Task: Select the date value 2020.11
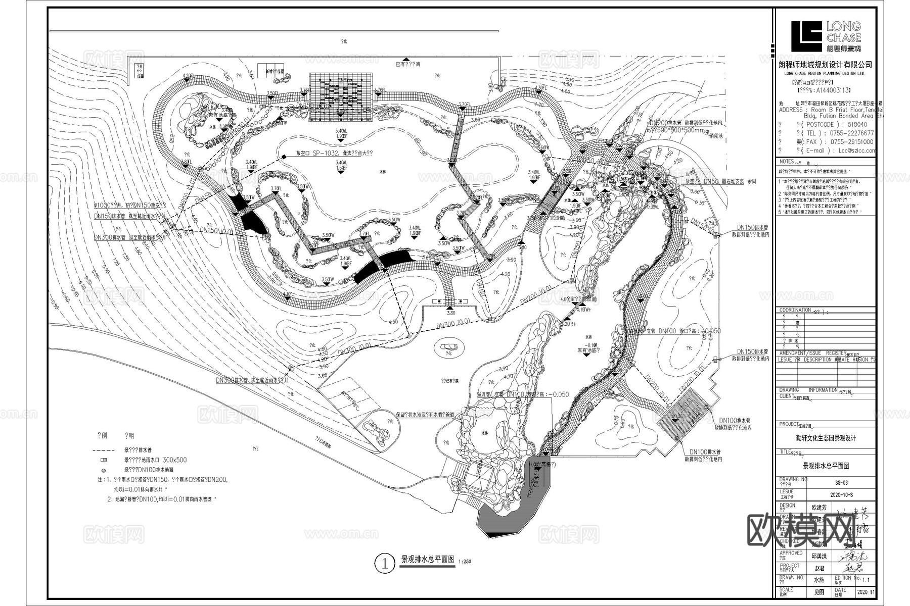864,591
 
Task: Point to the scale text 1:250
466,562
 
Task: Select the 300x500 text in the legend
175,460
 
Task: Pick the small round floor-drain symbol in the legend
104,470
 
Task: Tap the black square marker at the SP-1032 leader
284,156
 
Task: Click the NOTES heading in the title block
787,162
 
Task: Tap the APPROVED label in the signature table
791,553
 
